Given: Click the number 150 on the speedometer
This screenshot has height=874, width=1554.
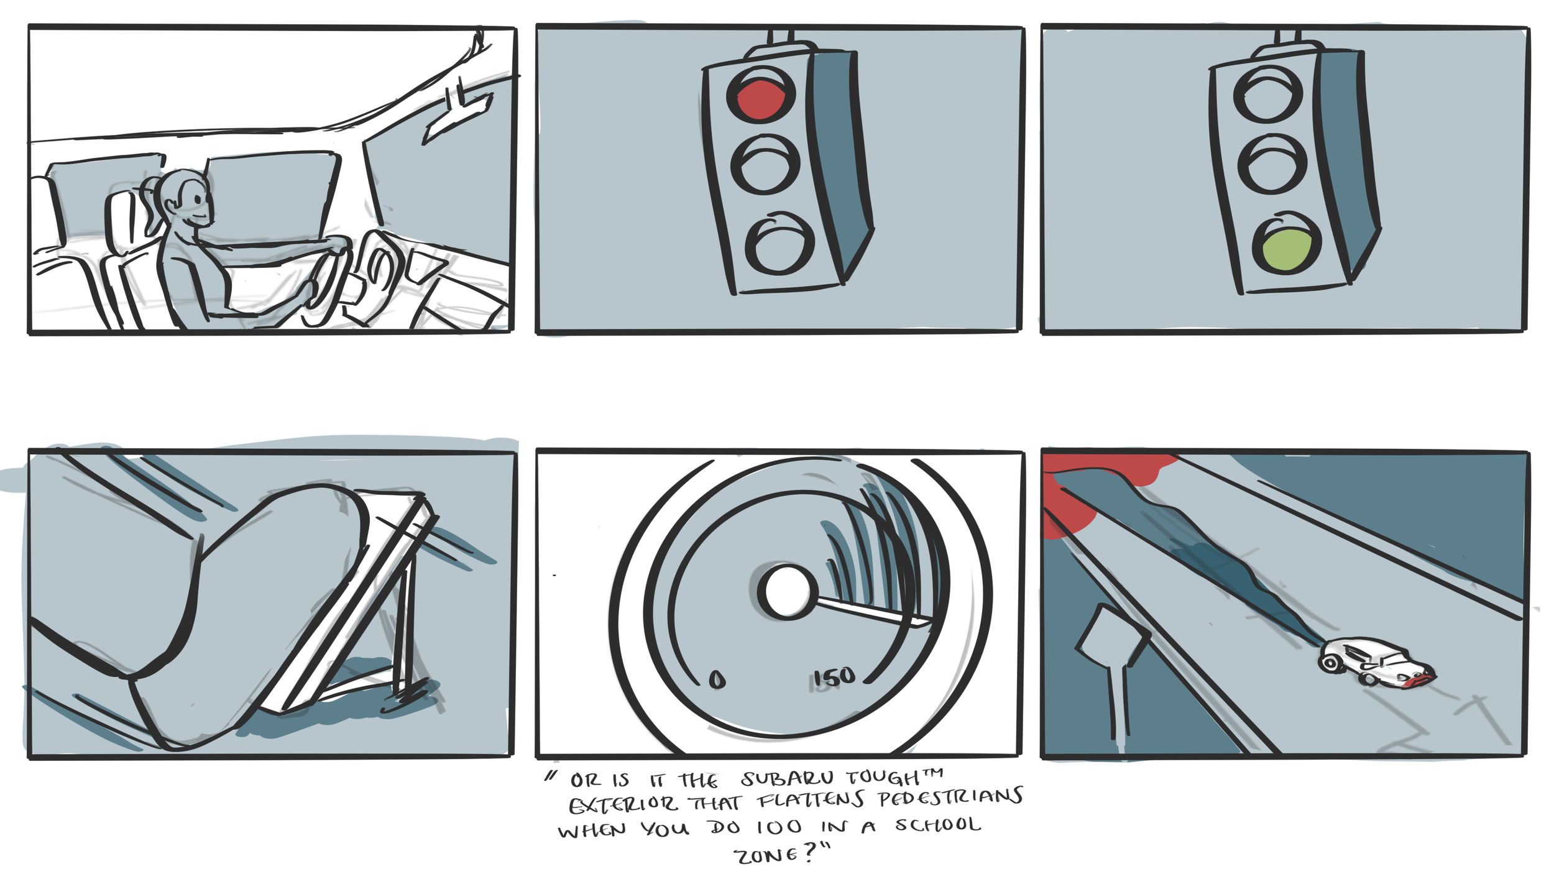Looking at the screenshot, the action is click(835, 677).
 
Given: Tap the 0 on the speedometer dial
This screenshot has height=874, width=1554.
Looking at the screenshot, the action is click(717, 679).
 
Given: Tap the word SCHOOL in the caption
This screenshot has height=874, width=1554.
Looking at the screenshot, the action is click(938, 825).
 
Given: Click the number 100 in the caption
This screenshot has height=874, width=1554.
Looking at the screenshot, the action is click(779, 827).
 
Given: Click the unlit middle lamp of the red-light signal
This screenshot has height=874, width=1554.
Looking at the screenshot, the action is click(765, 165).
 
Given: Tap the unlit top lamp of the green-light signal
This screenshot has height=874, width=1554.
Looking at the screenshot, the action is click(1268, 95).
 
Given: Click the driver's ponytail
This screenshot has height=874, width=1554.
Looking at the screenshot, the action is click(151, 202).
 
